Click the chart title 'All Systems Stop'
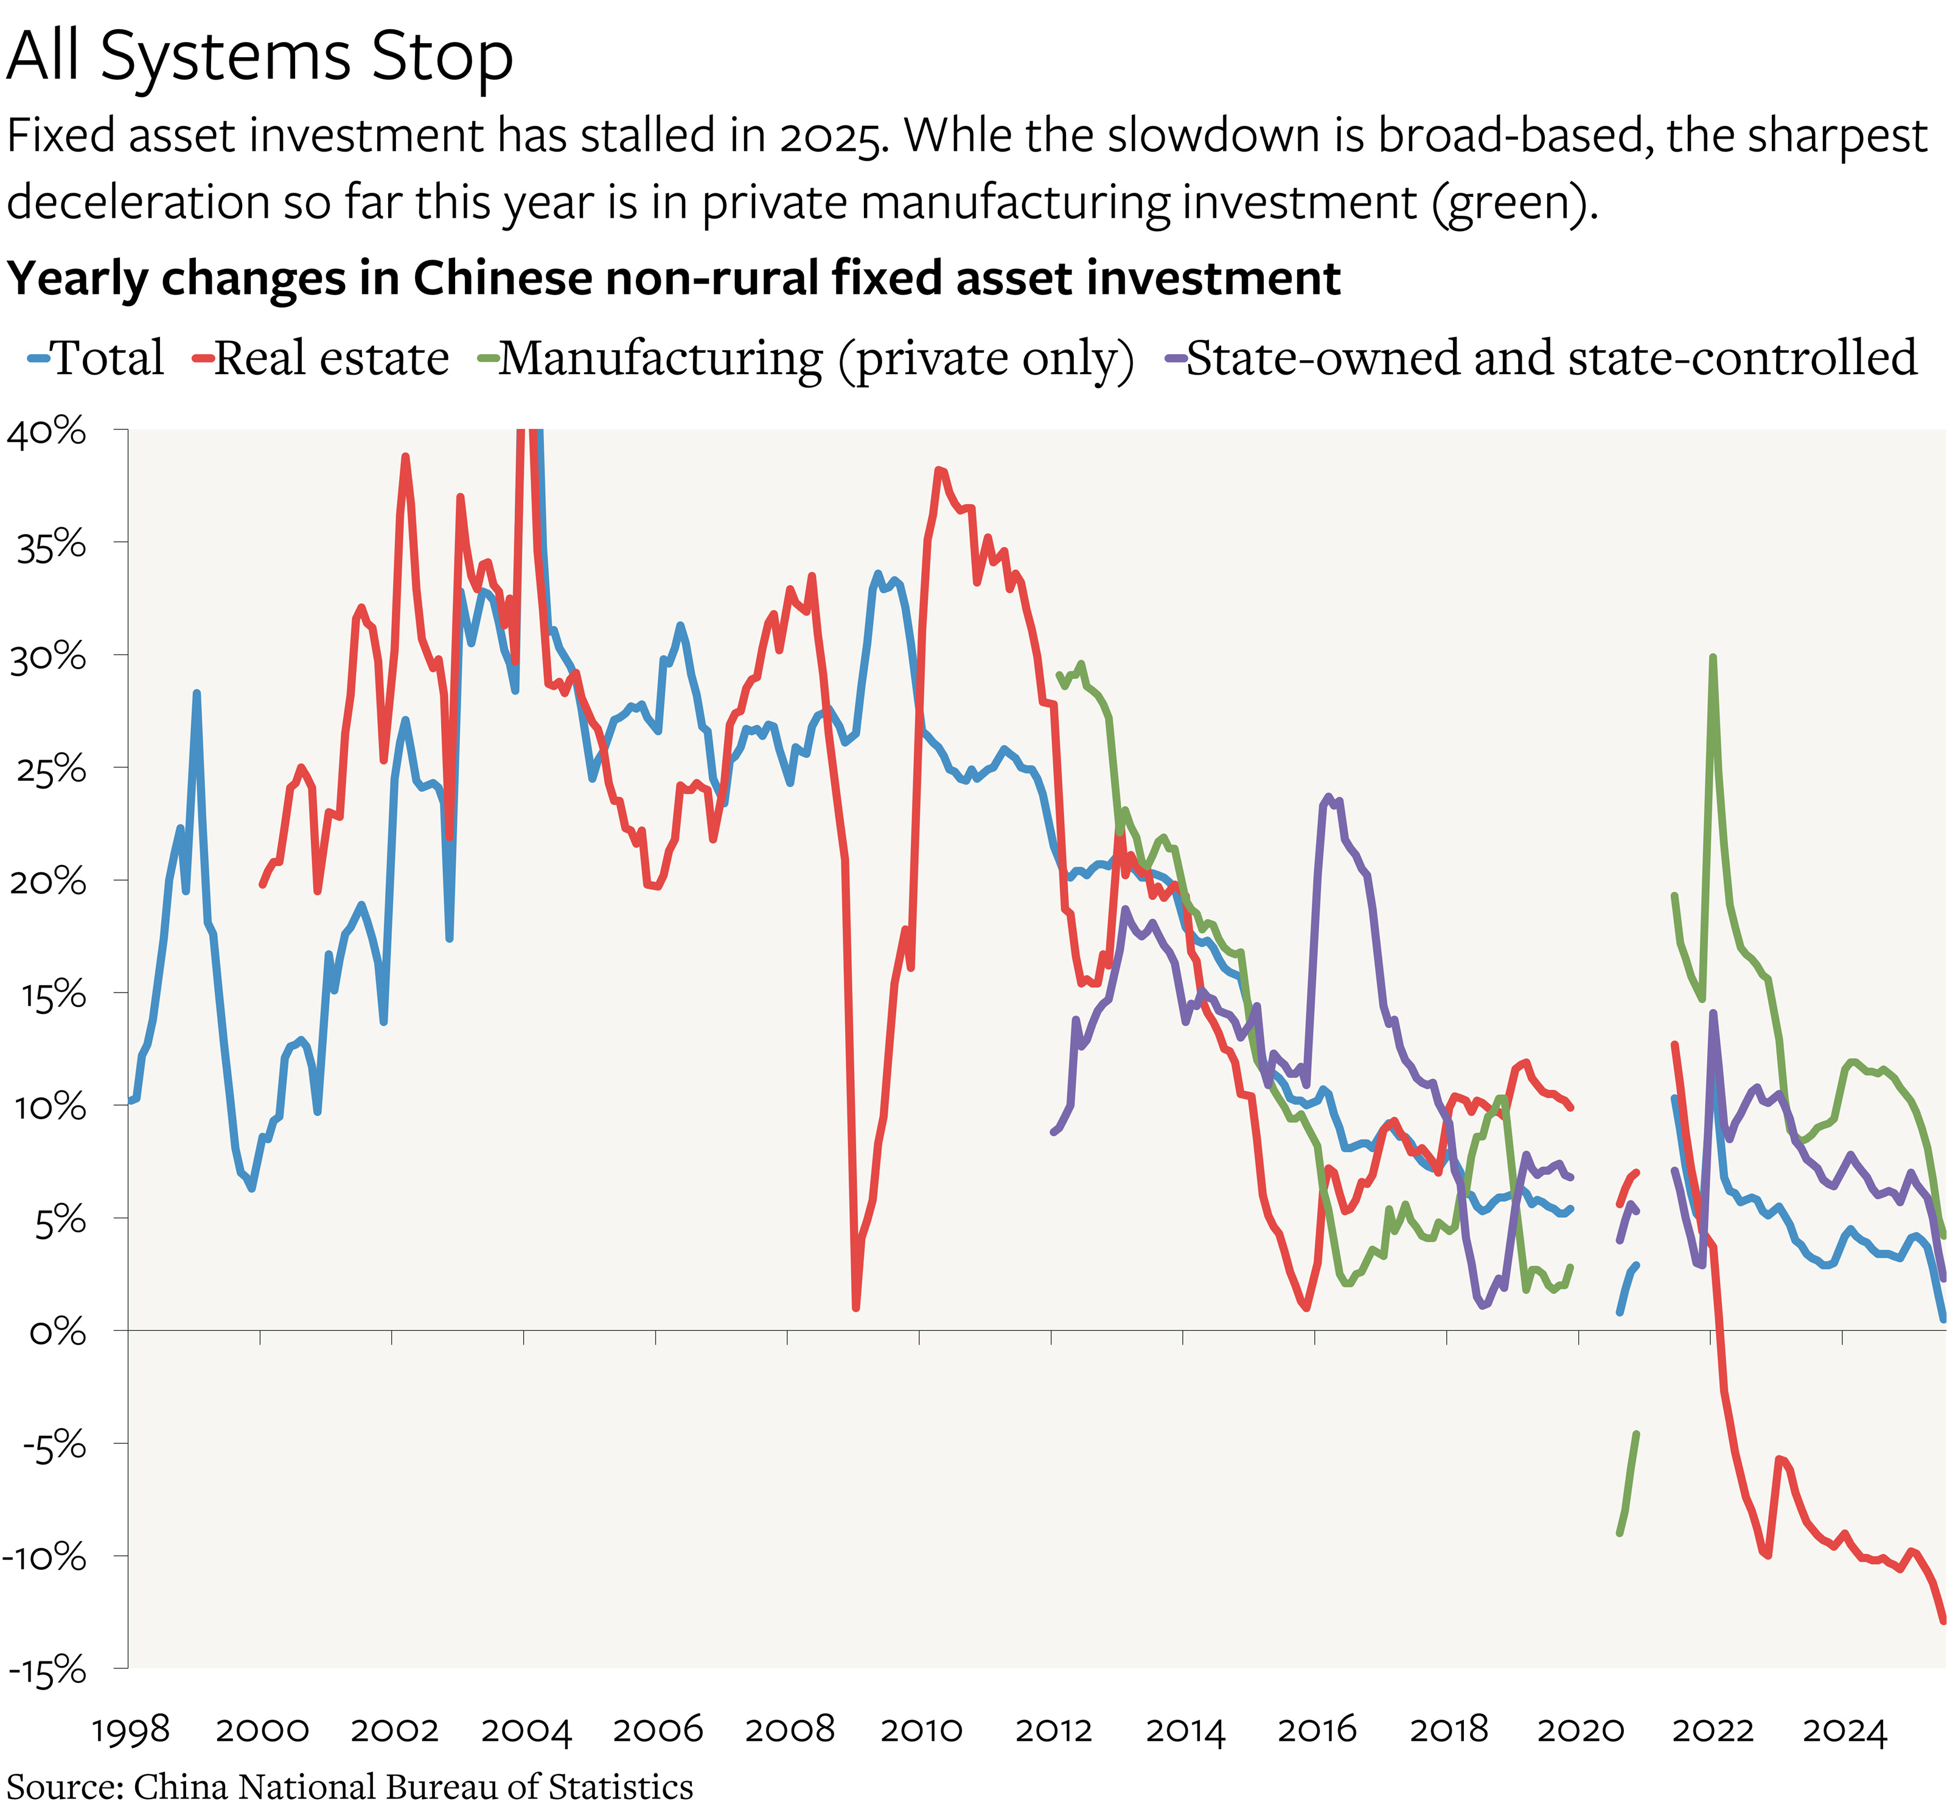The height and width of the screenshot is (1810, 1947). [260, 56]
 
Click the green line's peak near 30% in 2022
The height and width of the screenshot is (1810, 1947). [1712, 658]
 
